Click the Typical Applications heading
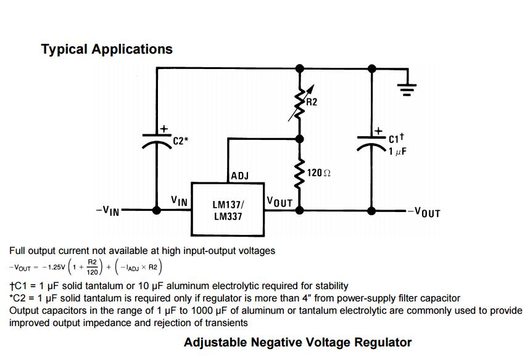[x=107, y=49]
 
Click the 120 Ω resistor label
[x=318, y=173]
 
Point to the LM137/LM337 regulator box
[x=228, y=210]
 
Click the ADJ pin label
[x=240, y=176]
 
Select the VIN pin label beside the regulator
[x=179, y=201]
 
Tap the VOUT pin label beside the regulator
[x=279, y=202]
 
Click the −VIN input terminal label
[x=108, y=211]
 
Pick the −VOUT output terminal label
[x=423, y=213]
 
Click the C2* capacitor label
[x=181, y=141]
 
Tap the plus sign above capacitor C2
[x=164, y=129]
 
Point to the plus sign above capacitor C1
[x=378, y=131]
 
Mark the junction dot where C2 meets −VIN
[x=157, y=210]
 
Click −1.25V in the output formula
[x=53, y=267]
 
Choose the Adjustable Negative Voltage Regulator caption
[x=297, y=342]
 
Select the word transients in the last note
[x=226, y=322]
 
